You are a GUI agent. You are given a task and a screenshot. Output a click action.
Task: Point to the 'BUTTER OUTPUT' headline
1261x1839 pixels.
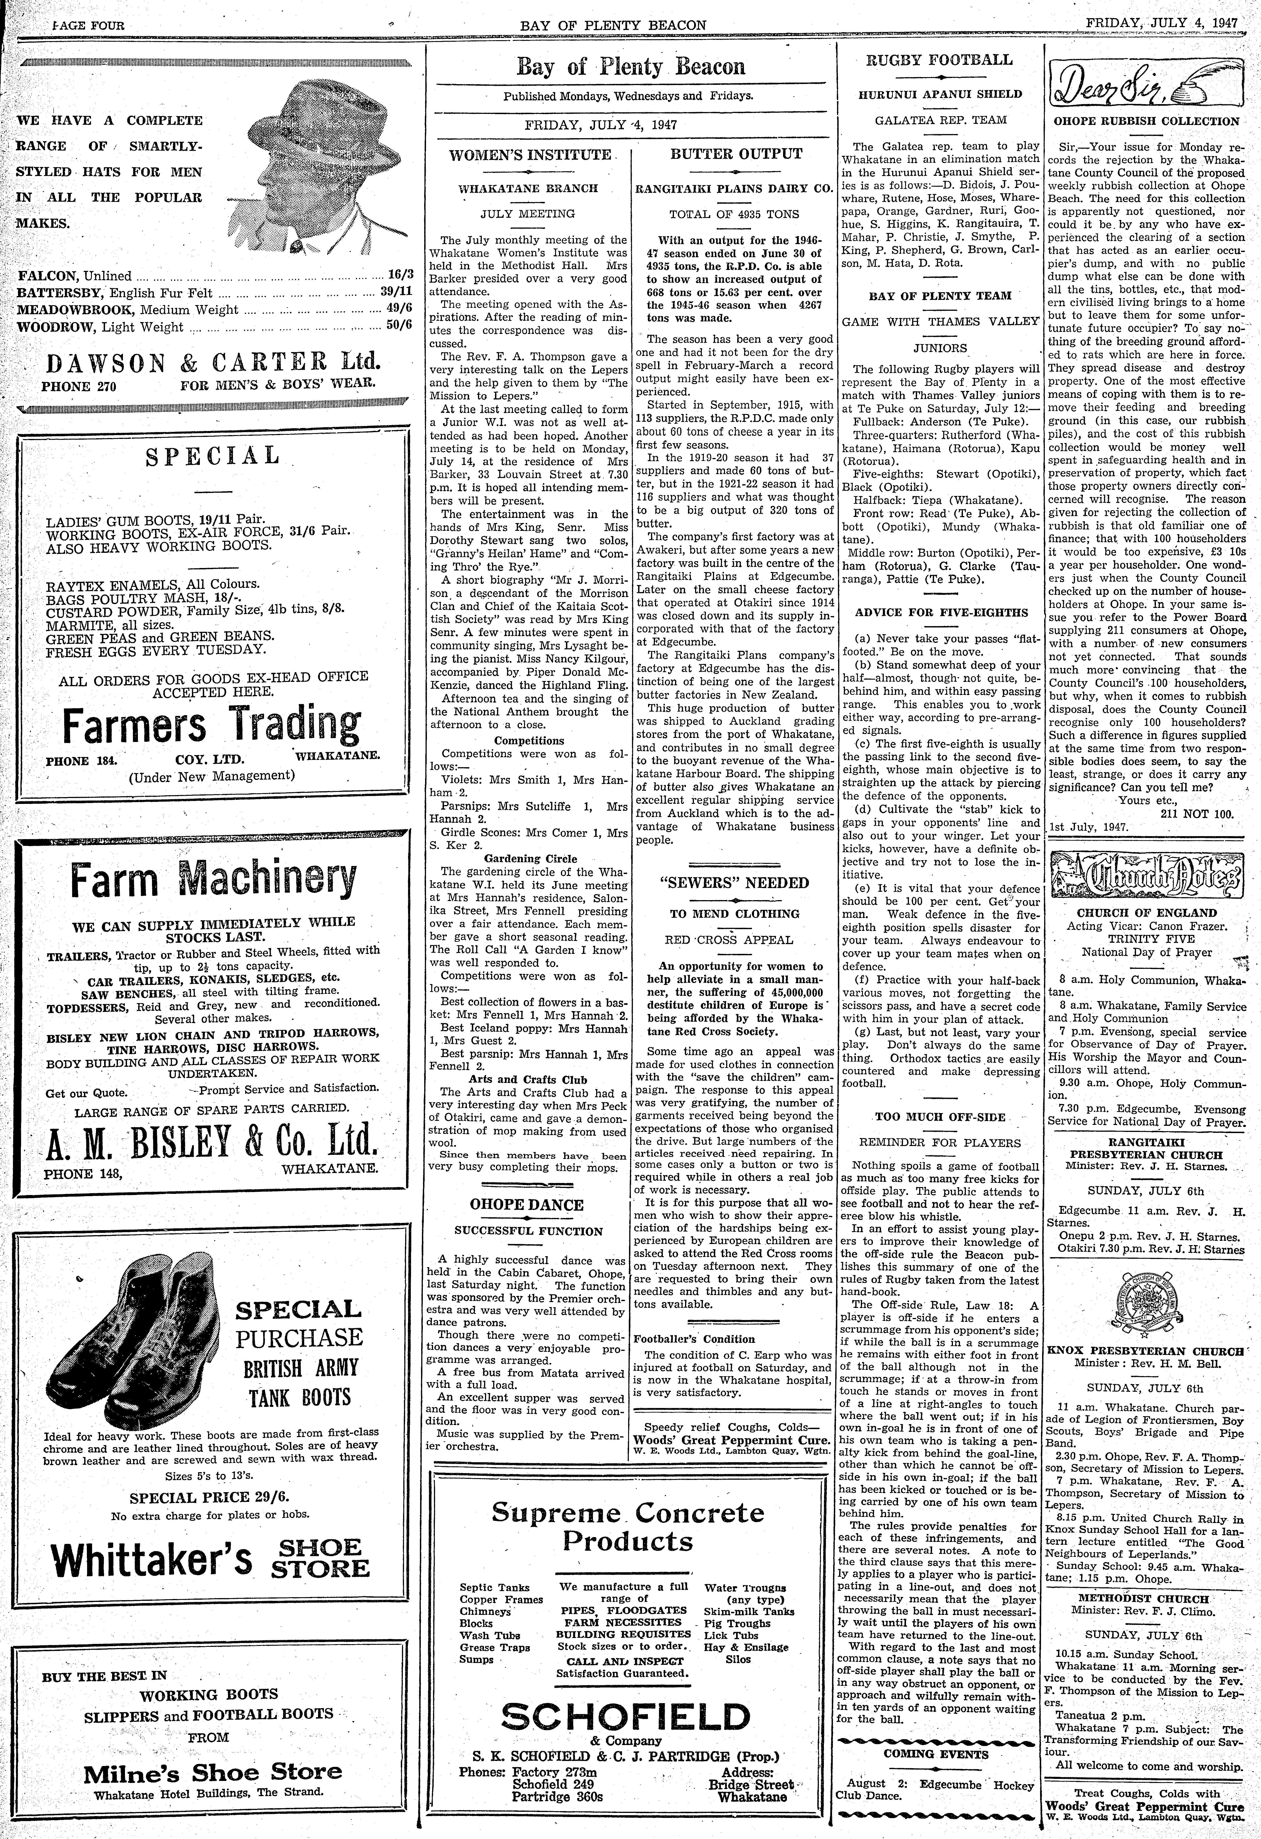tap(736, 154)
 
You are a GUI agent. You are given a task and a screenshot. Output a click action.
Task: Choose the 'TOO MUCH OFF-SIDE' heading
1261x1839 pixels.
tap(940, 1117)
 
